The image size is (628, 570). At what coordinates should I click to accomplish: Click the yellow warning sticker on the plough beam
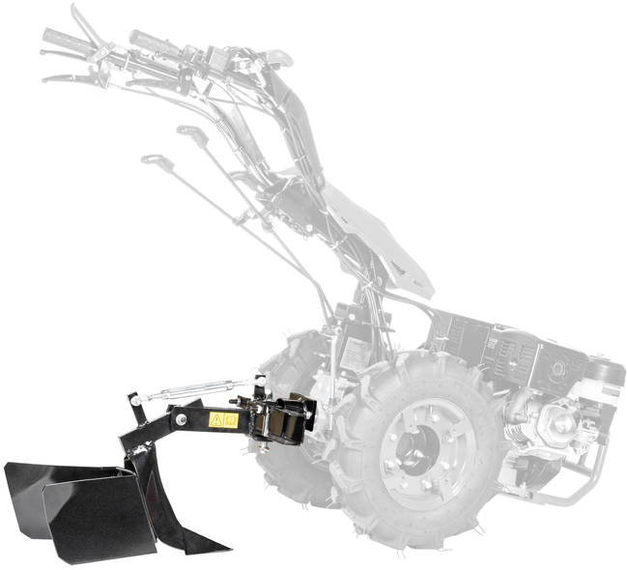pyautogui.click(x=223, y=420)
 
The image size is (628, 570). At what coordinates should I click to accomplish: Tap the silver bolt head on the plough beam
pyautogui.click(x=180, y=419)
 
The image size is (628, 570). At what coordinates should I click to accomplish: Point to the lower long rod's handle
pyautogui.click(x=152, y=159)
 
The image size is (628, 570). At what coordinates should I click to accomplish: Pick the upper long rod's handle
pyautogui.click(x=190, y=132)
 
